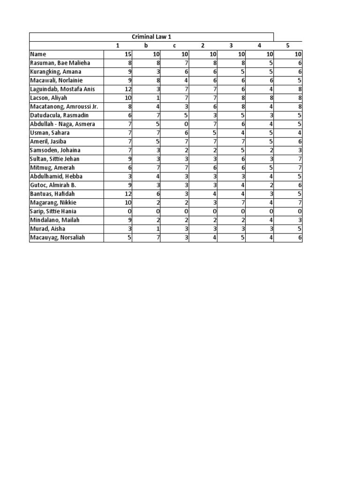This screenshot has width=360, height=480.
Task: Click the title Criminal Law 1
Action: [x=151, y=37]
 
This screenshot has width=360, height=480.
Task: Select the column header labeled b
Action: [x=146, y=45]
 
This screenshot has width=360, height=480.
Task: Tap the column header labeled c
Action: [x=174, y=45]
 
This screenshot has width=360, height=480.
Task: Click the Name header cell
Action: [x=38, y=54]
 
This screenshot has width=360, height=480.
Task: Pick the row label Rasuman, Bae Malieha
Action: [x=60, y=63]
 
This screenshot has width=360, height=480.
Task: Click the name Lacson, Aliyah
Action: [x=49, y=98]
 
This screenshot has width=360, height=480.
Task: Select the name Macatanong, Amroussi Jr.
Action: [x=64, y=106]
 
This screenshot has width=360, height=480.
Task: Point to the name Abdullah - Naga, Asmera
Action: [x=62, y=124]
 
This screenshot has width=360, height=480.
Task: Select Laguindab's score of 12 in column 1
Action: [x=127, y=89]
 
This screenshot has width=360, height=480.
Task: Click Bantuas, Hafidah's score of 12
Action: [x=127, y=194]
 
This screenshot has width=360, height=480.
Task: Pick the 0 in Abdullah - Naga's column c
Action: [x=186, y=124]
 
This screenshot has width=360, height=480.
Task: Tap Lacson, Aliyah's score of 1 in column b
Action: [x=158, y=98]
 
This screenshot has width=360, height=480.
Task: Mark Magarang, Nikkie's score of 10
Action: [x=127, y=202]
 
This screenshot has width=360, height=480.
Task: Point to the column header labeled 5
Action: [x=288, y=45]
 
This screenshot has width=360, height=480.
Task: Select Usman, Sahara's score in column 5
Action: [x=299, y=133]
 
